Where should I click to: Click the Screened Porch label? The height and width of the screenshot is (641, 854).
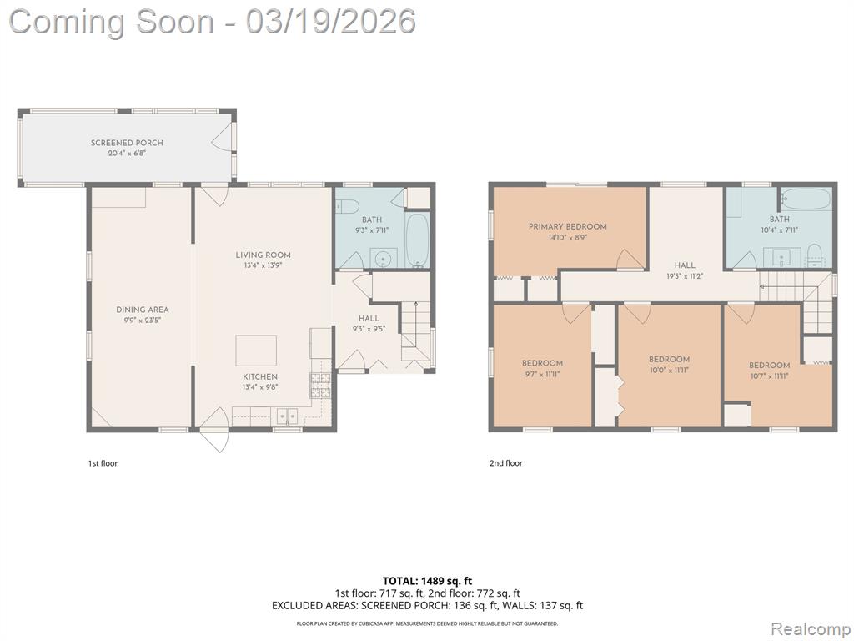(127, 143)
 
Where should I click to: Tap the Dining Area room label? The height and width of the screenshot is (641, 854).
(142, 310)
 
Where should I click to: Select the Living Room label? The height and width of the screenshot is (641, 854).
(263, 255)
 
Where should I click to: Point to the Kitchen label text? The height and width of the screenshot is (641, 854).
(260, 376)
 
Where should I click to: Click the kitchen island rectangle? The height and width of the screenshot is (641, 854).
(256, 351)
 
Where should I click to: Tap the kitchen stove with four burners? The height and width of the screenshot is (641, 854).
(321, 386)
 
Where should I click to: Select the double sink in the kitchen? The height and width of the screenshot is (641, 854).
(287, 417)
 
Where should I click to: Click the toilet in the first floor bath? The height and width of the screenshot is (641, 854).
(346, 207)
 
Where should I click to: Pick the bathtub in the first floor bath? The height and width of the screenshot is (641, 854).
(418, 240)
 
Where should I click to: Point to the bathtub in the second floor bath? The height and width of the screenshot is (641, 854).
(806, 199)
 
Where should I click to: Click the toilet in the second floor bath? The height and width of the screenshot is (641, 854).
(814, 256)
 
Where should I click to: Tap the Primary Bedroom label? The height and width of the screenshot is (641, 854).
(567, 227)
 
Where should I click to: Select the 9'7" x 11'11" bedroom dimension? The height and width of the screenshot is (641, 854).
(542, 374)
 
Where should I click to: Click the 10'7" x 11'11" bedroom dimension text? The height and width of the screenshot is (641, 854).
(769, 376)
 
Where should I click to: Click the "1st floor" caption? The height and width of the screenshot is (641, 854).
(103, 463)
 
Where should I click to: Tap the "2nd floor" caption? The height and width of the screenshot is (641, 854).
(506, 463)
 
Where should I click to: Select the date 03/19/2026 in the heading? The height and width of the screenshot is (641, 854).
(330, 22)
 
